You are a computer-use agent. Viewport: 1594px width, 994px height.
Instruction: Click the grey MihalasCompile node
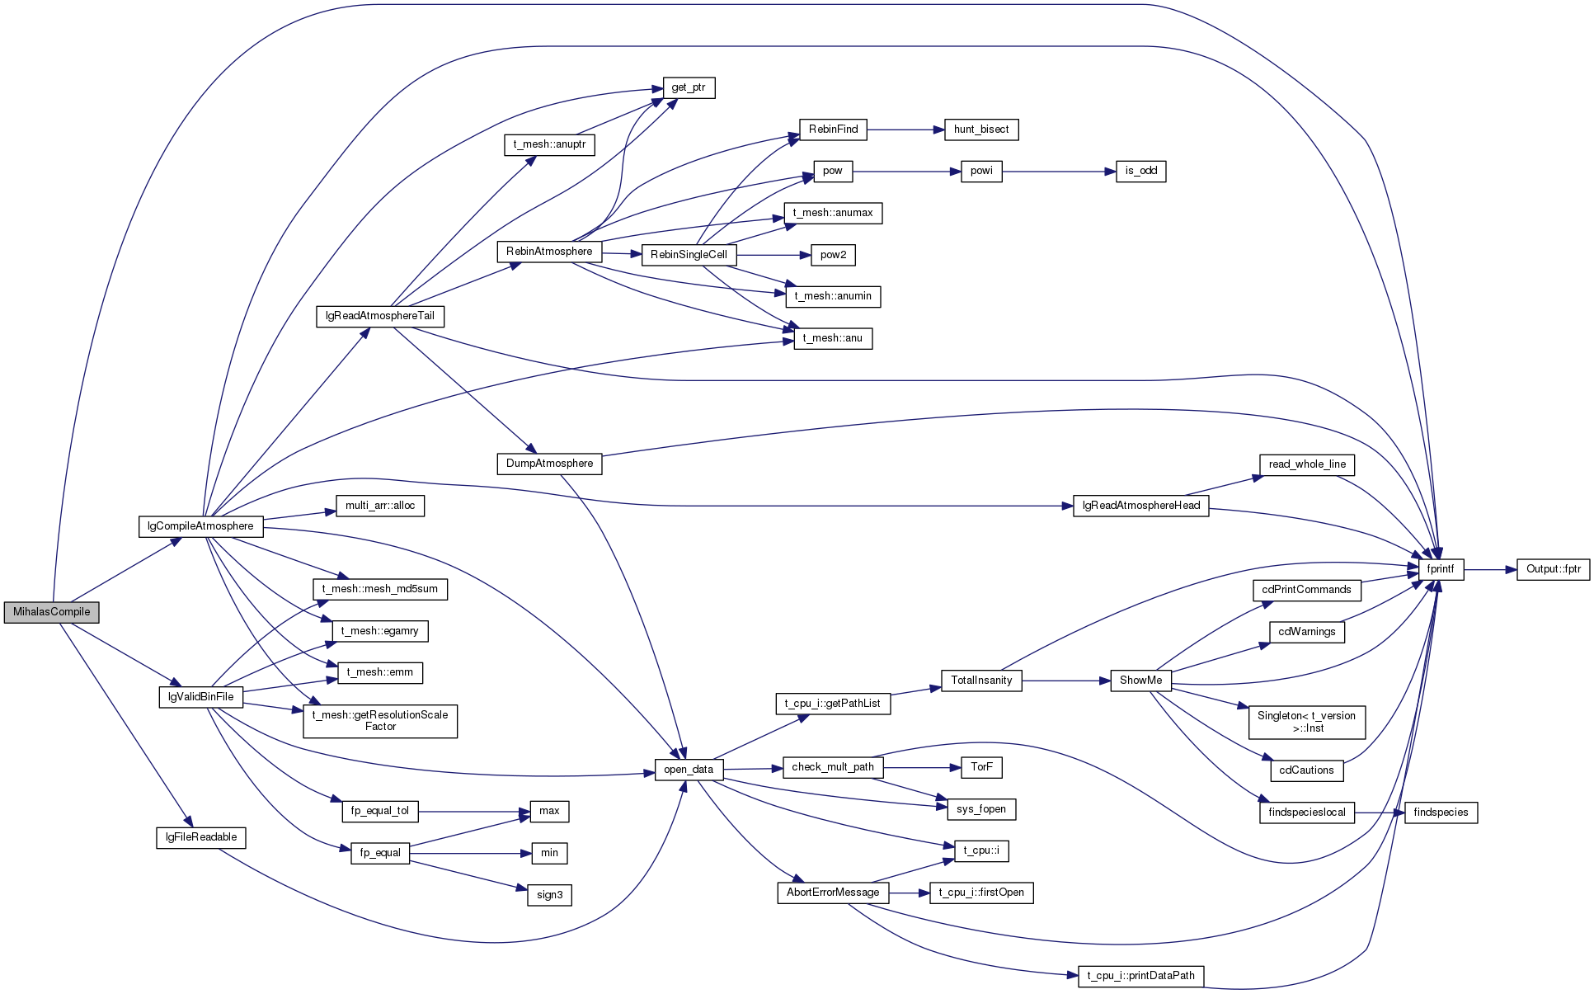51,612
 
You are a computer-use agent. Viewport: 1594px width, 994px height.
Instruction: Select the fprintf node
1441,569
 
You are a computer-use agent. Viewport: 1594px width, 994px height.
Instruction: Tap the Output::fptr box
1554,569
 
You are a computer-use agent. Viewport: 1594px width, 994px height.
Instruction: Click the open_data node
689,770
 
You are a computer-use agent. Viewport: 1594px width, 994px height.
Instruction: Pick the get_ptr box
689,87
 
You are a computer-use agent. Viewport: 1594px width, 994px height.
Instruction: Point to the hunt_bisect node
981,130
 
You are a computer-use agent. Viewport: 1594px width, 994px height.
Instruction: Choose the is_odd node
1141,172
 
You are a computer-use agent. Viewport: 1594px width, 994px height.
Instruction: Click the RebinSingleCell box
689,255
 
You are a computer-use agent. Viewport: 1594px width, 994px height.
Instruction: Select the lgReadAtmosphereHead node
1141,506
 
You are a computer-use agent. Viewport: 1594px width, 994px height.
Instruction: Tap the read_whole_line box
1307,464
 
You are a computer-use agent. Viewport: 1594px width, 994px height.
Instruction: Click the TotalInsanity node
981,681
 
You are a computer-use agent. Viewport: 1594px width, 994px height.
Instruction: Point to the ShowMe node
1141,681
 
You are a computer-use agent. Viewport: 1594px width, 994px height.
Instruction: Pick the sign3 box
550,895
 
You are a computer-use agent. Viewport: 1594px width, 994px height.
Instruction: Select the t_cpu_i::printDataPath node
1141,976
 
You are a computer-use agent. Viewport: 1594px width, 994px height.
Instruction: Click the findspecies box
1441,813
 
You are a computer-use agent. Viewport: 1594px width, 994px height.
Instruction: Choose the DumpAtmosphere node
550,464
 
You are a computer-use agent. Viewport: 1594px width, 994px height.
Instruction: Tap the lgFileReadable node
201,837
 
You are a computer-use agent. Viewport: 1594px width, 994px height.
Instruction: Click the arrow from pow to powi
907,172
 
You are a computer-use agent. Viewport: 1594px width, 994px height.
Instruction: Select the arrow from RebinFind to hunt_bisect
905,130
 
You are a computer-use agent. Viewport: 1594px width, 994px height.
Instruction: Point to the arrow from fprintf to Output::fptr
1490,569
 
